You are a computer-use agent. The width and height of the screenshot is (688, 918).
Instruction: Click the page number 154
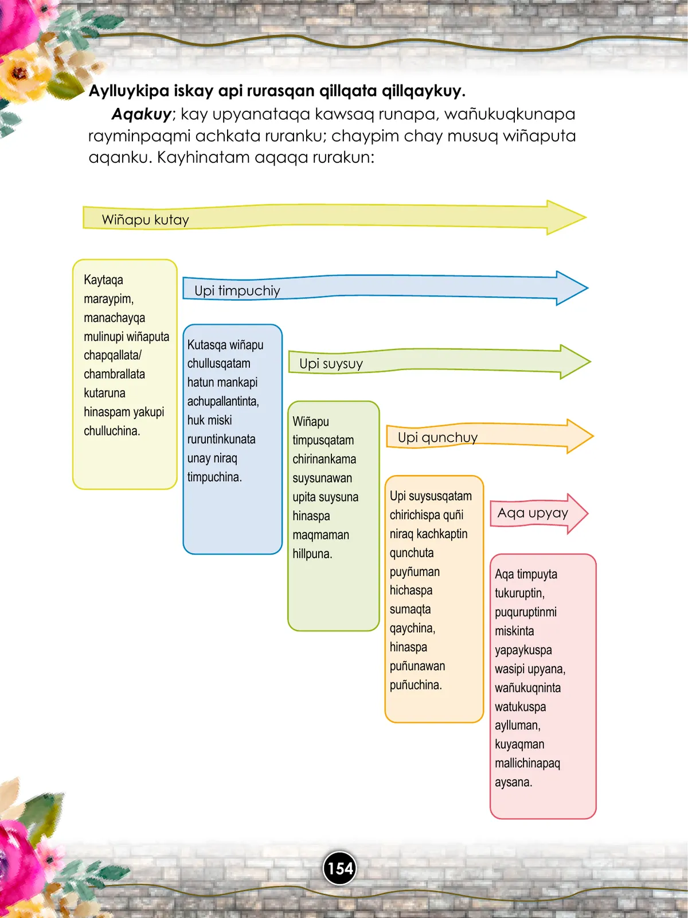(340, 869)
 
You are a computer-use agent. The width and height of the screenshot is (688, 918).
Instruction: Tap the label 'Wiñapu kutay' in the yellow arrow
(146, 220)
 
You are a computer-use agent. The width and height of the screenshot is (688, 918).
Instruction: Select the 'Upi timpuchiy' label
(237, 291)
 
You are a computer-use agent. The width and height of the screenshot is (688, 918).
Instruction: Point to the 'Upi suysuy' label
(331, 364)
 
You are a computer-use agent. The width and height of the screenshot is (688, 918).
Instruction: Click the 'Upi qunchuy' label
(437, 437)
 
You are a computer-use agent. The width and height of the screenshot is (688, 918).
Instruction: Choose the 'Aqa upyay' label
(533, 513)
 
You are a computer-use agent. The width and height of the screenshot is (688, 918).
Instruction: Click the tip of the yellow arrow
(586, 217)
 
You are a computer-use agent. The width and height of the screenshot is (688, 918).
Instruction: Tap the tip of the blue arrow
(588, 288)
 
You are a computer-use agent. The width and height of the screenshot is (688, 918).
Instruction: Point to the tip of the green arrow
(591, 362)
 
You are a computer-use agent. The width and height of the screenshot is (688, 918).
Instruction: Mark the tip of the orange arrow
(593, 436)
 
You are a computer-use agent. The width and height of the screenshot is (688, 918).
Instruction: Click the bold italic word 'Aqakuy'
(141, 114)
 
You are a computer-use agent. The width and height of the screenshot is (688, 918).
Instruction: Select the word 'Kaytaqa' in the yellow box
(104, 280)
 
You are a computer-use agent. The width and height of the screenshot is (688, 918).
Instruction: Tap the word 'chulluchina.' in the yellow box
(112, 431)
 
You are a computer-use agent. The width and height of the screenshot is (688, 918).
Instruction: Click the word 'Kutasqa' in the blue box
(207, 345)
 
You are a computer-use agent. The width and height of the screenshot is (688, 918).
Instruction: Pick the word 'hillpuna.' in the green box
(312, 554)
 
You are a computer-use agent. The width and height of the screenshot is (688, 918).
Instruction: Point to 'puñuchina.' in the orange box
(416, 685)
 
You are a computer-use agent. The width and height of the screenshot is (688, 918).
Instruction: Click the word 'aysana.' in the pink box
(513, 783)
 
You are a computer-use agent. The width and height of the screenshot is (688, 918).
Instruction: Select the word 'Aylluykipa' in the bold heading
(129, 91)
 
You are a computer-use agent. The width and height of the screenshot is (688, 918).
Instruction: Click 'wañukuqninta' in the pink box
(527, 688)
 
